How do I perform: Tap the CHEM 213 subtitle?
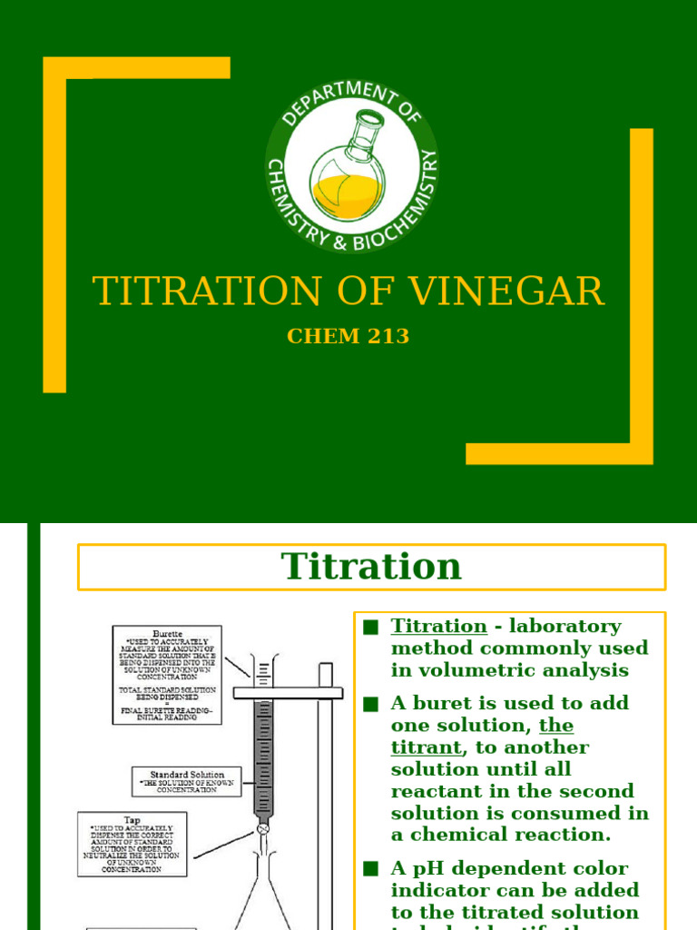pyautogui.click(x=348, y=336)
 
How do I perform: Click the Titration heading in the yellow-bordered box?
pyautogui.click(x=371, y=567)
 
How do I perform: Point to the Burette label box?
pyautogui.click(x=167, y=674)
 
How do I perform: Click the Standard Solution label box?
pyautogui.click(x=187, y=781)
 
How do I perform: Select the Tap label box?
pyautogui.click(x=132, y=844)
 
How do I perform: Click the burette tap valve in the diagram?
pyautogui.click(x=263, y=828)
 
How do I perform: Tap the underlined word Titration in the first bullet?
pyautogui.click(x=439, y=627)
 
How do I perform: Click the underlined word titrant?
pyautogui.click(x=427, y=747)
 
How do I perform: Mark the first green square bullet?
pyautogui.click(x=369, y=627)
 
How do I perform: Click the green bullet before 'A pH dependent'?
pyautogui.click(x=369, y=868)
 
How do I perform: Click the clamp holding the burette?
pyautogui.click(x=288, y=693)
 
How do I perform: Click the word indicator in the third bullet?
pyautogui.click(x=437, y=890)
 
